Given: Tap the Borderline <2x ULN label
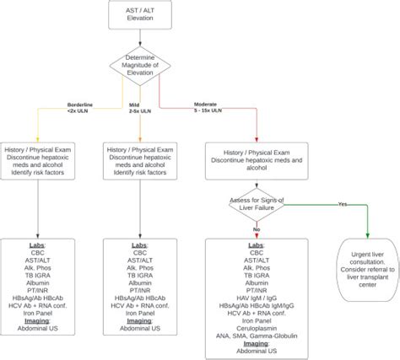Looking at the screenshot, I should click(82, 109).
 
